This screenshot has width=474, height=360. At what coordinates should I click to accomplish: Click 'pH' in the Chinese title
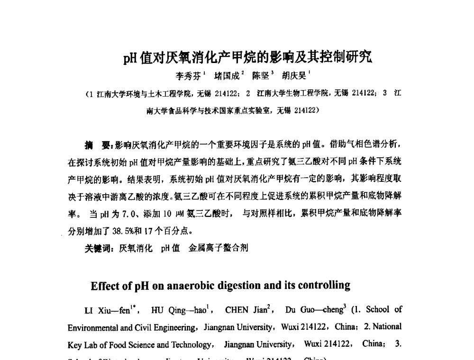[x=130, y=57]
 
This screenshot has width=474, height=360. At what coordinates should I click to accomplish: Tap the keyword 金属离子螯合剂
[x=218, y=248]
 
